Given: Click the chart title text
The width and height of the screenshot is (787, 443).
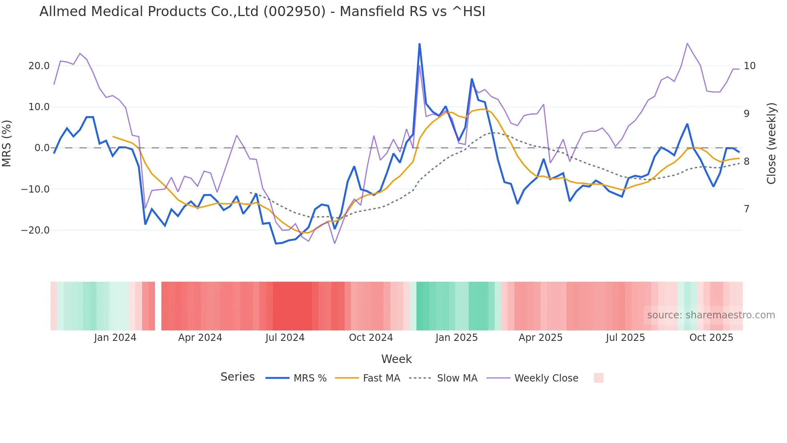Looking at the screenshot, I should [x=262, y=12].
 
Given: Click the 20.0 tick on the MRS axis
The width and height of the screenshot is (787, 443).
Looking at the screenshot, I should [x=39, y=66].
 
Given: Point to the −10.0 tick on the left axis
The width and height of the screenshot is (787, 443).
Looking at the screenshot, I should [x=36, y=189].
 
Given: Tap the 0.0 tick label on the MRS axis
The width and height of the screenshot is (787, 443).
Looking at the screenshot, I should [x=42, y=148].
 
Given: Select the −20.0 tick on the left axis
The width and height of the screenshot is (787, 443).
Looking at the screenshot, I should [x=36, y=230].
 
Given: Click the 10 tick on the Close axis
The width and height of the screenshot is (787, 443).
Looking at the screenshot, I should [x=749, y=66].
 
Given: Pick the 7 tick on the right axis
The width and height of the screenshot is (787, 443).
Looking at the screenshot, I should [x=746, y=209].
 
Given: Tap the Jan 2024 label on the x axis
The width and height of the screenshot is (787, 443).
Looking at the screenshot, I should [x=115, y=338].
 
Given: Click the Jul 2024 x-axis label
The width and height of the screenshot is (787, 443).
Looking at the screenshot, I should [x=285, y=338].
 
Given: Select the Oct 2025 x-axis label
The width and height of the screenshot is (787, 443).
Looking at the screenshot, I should [x=711, y=338].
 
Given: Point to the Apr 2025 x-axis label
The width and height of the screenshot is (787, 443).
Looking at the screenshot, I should [x=540, y=338].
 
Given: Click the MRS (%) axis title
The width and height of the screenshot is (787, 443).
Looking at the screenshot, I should [x=7, y=144].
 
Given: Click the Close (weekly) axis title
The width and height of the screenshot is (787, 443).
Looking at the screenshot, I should [x=771, y=144].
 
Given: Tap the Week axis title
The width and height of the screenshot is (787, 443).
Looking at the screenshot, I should [x=396, y=359].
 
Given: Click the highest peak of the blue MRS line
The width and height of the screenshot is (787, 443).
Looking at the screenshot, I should [x=420, y=44].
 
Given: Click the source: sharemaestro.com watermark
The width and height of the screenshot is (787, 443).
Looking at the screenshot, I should [x=711, y=315].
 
